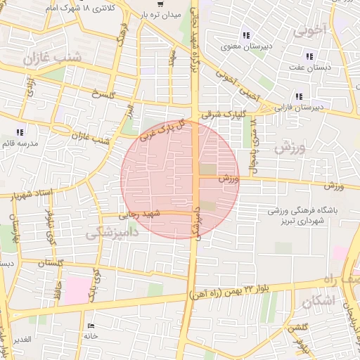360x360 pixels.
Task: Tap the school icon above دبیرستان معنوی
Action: tap(245, 35)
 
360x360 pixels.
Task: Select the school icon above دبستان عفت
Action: tap(309, 56)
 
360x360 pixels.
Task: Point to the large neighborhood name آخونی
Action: tap(309, 31)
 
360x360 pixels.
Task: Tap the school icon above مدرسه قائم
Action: tap(20, 131)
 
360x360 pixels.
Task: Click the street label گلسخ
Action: tap(103, 95)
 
